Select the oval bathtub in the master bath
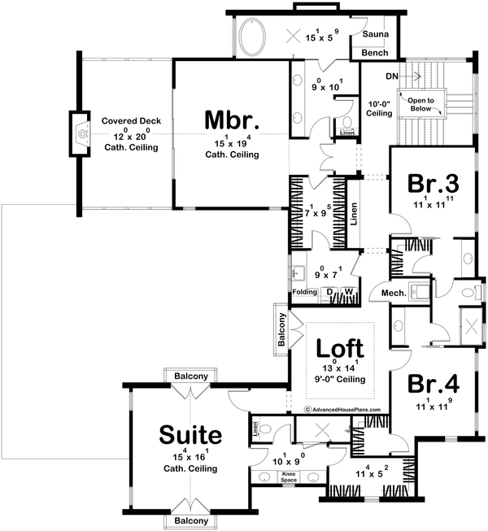coord(251,36)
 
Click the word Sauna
coord(374,36)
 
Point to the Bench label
coord(374,53)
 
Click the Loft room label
coord(340,349)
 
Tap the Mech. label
coord(382,292)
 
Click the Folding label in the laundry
coord(304,292)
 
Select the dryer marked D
coord(329,292)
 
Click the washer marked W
coord(348,292)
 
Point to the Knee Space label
coord(289,476)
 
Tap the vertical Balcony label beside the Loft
coord(281,332)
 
